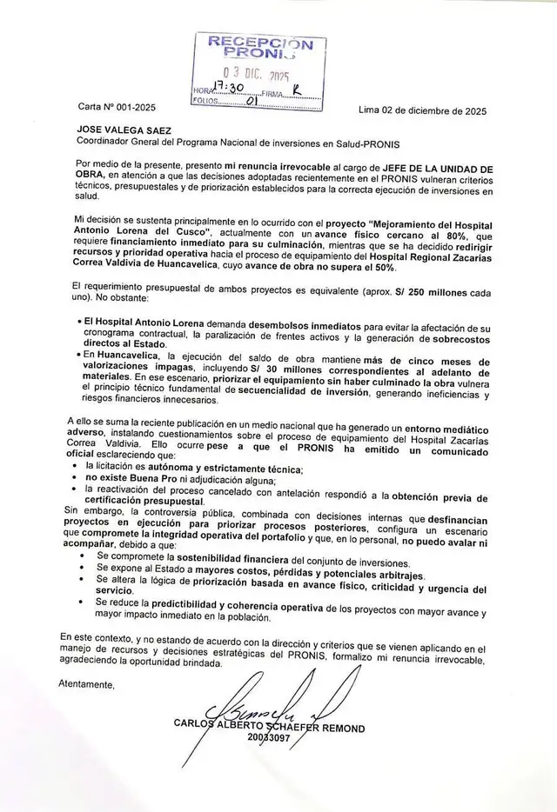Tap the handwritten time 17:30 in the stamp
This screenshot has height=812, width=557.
(216, 88)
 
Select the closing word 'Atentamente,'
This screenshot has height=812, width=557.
(86, 684)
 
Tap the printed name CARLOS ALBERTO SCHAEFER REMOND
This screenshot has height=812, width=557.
(269, 728)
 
